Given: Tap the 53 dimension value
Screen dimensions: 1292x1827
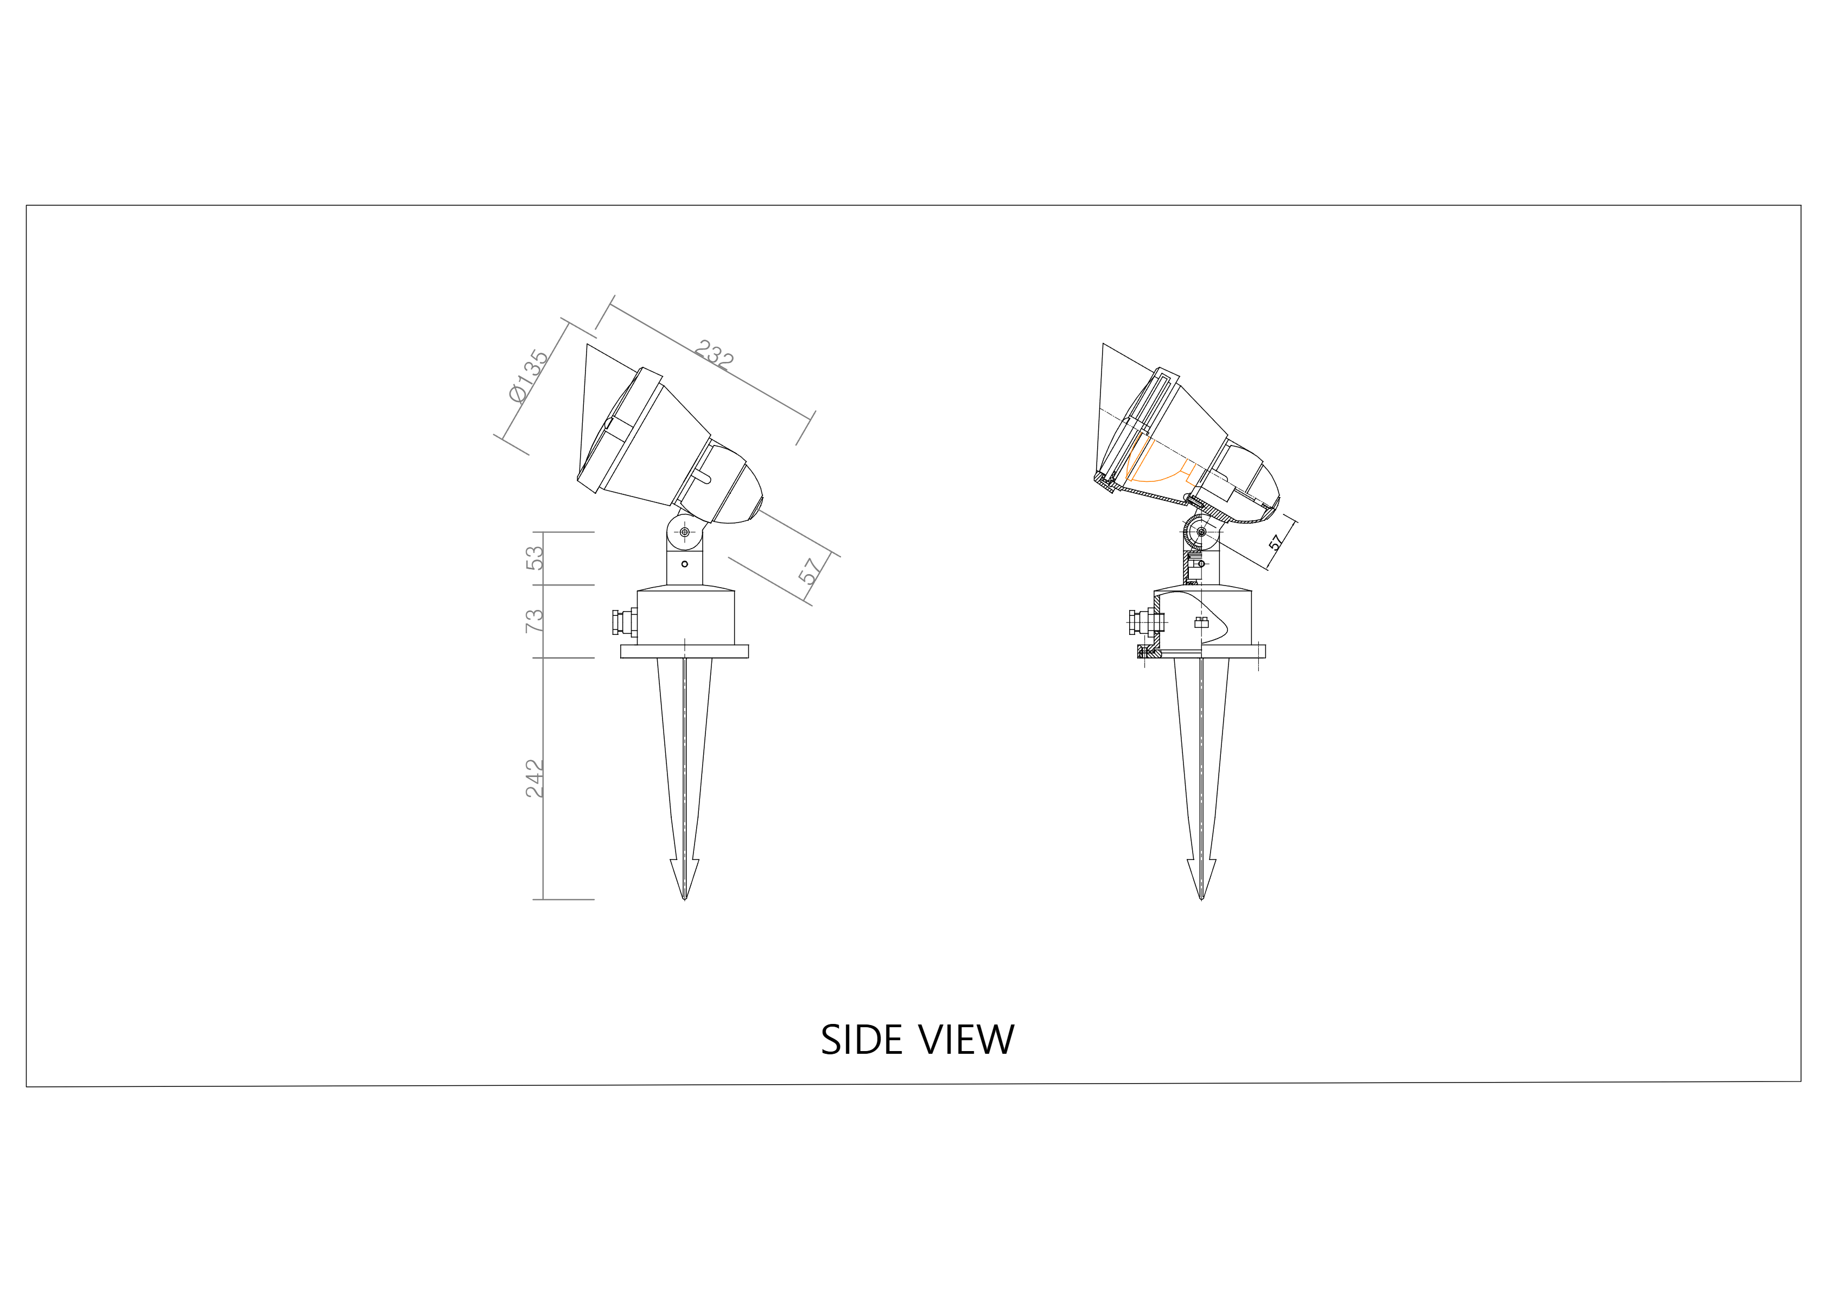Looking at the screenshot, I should [536, 558].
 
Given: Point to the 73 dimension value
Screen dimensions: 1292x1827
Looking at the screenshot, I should [536, 621].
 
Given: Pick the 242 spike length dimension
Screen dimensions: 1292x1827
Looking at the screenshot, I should [536, 778].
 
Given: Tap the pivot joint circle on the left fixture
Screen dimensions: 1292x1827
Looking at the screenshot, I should [684, 531].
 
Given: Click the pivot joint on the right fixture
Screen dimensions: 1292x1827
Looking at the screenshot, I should [1201, 531].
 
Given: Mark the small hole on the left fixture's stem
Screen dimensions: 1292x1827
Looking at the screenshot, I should [684, 564].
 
